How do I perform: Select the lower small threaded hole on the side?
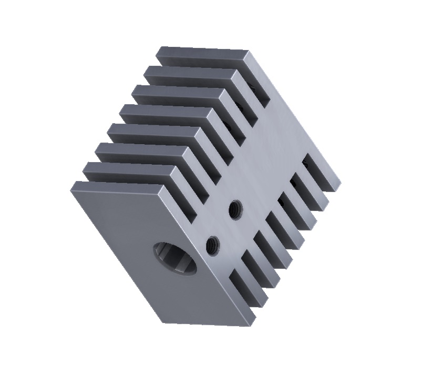point(213,244)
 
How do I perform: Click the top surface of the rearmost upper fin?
point(202,55)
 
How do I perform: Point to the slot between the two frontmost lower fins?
point(251,274)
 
